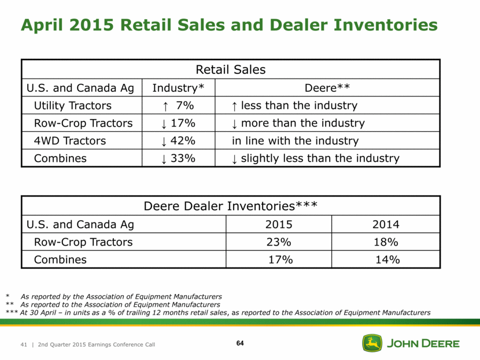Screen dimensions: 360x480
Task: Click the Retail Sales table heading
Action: pyautogui.click(x=231, y=70)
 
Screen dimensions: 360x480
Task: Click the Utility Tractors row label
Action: pyautogui.click(x=72, y=106)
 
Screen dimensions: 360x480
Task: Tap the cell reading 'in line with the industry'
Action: pyautogui.click(x=295, y=141)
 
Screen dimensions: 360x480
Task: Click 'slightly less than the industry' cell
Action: pyautogui.click(x=315, y=158)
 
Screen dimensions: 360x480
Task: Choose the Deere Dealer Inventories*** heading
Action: pyautogui.click(x=231, y=206)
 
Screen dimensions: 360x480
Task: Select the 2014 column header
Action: pyautogui.click(x=386, y=224)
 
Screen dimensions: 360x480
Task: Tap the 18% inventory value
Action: pyautogui.click(x=386, y=242)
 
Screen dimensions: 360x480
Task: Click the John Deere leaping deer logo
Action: pyautogui.click(x=372, y=343)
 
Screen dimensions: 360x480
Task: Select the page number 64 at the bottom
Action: pyautogui.click(x=240, y=344)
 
